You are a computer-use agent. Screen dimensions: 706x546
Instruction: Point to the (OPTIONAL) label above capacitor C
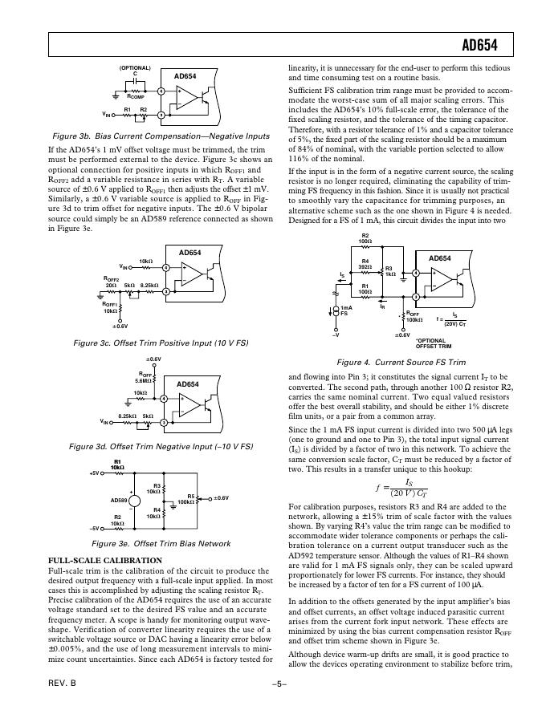pos(135,68)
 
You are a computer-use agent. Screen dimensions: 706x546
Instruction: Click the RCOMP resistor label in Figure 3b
pos(144,95)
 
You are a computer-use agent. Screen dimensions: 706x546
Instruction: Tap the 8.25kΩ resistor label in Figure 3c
pos(150,286)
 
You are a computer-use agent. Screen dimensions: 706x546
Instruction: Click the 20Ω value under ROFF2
pos(111,286)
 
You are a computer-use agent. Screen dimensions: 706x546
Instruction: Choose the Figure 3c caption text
pos(161,343)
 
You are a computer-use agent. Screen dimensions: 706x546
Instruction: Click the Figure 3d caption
pos(161,445)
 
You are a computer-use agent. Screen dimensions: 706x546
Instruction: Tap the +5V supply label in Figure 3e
pos(96,473)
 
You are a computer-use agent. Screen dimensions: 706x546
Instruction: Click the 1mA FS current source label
pos(345,312)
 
